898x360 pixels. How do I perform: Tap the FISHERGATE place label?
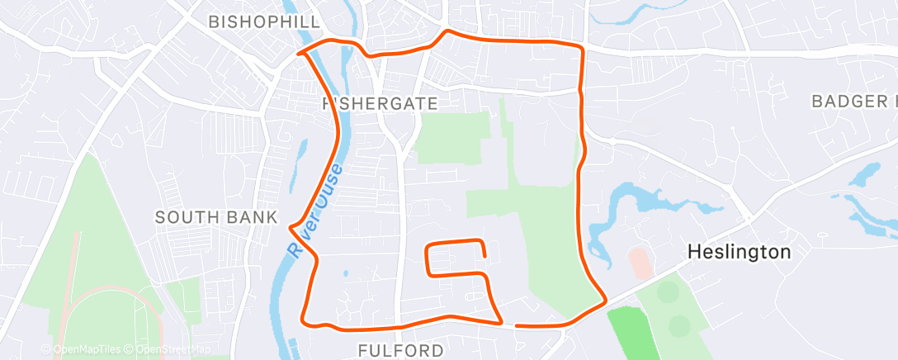coord(379,102)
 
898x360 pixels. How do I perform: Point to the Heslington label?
coord(740,252)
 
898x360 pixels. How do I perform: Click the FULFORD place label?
coord(400,351)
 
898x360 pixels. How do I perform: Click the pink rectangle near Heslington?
coord(640,263)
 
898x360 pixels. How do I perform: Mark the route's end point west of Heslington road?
coord(517,325)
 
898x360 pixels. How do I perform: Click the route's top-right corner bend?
coord(582,50)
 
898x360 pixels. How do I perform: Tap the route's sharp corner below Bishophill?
coord(300,54)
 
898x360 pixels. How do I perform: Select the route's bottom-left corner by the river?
coord(305,320)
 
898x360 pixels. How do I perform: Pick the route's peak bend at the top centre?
coord(447,32)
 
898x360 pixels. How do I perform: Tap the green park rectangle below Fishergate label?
coord(447,137)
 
